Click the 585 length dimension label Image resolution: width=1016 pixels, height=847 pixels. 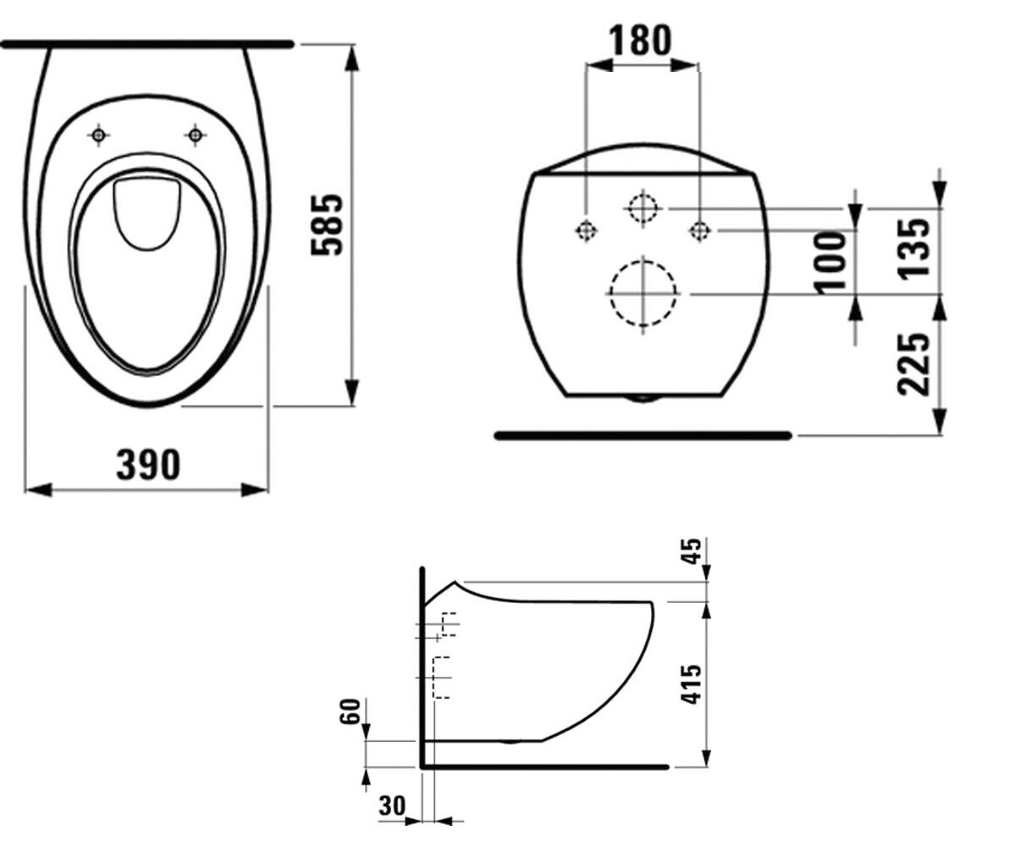pos(327,224)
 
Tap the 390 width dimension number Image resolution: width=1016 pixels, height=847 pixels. pos(148,465)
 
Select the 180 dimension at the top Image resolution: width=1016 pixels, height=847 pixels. pos(640,40)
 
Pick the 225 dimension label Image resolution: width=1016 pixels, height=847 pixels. pos(914,364)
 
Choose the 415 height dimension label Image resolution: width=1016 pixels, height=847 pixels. pos(691,684)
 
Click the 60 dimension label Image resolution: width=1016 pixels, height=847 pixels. pos(351,712)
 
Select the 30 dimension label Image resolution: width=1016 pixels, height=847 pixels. pos(392,805)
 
